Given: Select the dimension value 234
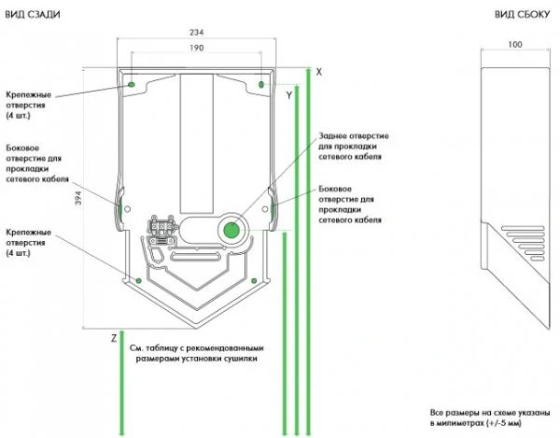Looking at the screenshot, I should coord(196,32).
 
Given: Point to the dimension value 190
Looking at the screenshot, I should coord(196,48).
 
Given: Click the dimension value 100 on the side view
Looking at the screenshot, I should coord(514,44).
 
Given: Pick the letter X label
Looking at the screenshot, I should coord(318,71).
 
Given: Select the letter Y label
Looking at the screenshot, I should coord(289,95).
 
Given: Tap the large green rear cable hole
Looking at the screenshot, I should coord(230,229).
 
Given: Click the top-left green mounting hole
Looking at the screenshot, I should coord(132,84).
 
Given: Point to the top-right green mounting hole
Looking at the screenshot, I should coord(261,86).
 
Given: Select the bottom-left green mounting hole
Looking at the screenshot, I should coord(139,279).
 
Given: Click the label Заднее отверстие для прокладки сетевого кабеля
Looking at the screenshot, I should coord(354,147).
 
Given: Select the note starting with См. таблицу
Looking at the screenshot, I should coord(199,352).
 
